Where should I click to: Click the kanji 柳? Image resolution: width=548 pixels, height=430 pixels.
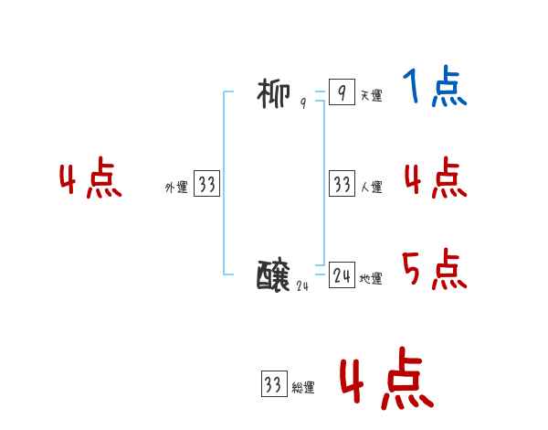coord(275,93)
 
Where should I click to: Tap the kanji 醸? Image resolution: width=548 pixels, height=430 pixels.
coord(275,274)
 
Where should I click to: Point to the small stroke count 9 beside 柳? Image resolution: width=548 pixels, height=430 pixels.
coord(302,104)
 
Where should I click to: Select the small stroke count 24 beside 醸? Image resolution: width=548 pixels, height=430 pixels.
coord(303,285)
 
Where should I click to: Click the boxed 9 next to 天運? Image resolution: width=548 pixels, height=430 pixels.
coord(341,92)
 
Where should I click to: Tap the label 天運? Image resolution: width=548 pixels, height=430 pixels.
coord(371,95)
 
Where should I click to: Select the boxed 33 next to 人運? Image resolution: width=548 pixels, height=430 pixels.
coord(341,184)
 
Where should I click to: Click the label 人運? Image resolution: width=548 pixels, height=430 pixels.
coord(371,188)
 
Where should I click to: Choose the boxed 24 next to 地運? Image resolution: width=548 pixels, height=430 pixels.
coord(341,274)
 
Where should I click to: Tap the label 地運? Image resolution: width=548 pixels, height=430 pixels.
coord(371,279)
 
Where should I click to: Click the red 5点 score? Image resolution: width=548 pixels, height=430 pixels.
coord(435,270)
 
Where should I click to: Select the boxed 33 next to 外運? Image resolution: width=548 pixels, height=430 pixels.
coord(206,184)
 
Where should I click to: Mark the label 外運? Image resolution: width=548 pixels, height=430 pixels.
coord(176,188)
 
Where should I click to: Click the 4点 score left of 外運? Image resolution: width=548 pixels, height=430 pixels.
coord(90,180)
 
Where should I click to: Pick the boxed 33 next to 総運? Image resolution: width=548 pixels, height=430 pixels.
coord(273,384)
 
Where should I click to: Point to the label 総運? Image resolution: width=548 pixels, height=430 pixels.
coord(303,388)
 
